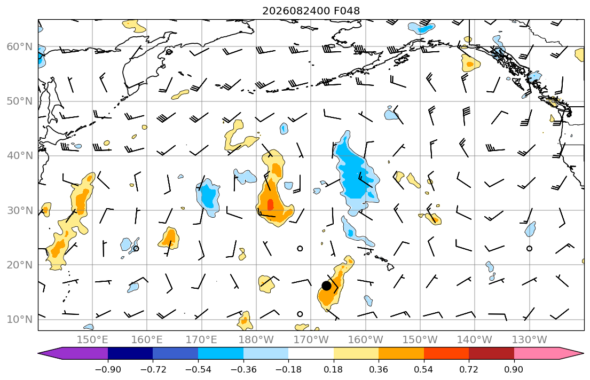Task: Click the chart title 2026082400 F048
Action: click(x=311, y=11)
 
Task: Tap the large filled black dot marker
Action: click(x=326, y=286)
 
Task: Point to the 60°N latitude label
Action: click(x=20, y=47)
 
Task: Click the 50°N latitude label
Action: click(x=20, y=101)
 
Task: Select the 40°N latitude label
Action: click(x=20, y=156)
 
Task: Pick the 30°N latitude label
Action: click(x=20, y=210)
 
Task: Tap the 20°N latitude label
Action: click(x=20, y=265)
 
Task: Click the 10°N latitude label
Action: click(x=20, y=320)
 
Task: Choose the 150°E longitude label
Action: click(x=92, y=340)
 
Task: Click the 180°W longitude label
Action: click(x=256, y=340)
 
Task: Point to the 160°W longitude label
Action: click(x=365, y=340)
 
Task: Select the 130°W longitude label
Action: click(x=529, y=340)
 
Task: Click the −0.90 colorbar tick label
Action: click(x=108, y=369)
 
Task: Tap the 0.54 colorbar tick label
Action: click(x=424, y=369)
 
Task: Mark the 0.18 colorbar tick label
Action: click(x=333, y=369)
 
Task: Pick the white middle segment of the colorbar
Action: click(x=311, y=353)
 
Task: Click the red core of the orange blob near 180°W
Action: click(x=270, y=205)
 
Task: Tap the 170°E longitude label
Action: click(x=202, y=340)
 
